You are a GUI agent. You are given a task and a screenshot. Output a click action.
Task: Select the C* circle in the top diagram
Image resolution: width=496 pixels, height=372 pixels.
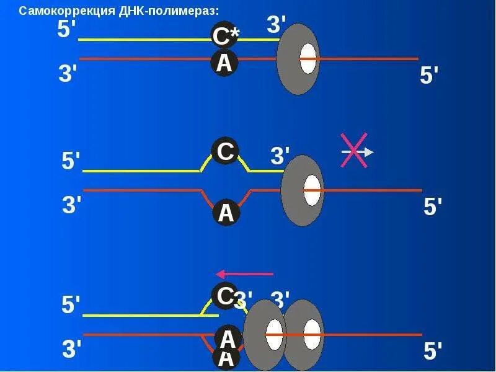(225, 37)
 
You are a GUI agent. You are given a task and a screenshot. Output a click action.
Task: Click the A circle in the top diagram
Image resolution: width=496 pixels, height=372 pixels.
(224, 63)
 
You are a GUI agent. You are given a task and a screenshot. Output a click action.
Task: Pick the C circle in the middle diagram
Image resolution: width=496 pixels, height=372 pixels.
(224, 151)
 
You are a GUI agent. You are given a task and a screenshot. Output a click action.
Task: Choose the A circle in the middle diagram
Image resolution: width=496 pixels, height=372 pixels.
(226, 213)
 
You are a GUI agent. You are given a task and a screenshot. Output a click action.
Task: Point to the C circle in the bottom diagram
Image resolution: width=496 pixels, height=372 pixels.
(224, 296)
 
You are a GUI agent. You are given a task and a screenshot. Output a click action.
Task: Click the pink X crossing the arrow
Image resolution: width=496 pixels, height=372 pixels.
(354, 151)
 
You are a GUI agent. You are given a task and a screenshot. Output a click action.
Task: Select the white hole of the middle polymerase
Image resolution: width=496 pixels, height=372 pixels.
(312, 190)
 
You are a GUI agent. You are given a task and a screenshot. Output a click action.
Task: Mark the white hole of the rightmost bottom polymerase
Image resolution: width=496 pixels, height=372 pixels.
(311, 335)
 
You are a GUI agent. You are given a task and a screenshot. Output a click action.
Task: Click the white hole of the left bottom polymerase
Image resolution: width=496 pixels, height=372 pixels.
(274, 335)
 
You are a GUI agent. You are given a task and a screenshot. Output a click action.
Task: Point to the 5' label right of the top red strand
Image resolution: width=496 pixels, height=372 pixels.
(429, 76)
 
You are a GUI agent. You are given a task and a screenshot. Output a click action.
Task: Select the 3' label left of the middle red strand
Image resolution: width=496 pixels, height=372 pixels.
(72, 205)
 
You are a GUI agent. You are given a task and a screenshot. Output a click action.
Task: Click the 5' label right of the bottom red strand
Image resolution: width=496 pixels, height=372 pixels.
(433, 352)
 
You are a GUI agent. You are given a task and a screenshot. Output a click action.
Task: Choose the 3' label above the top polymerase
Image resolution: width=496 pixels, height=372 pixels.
(277, 25)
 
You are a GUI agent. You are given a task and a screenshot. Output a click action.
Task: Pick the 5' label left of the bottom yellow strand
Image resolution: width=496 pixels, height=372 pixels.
(71, 305)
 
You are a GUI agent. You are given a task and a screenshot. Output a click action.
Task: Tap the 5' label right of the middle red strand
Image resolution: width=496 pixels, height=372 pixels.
(433, 207)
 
